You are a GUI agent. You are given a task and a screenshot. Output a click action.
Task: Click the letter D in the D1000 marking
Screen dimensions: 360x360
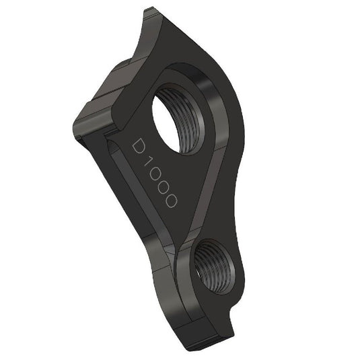pos(139,148)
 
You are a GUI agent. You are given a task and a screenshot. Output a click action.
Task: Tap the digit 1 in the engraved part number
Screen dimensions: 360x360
pos(149,164)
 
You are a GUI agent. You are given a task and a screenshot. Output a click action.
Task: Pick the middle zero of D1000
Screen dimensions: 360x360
pos(163,189)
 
